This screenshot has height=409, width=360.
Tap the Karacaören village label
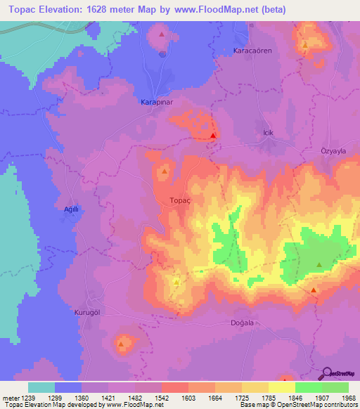pyautogui.click(x=252, y=51)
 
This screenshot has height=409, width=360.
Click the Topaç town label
pyautogui.click(x=180, y=200)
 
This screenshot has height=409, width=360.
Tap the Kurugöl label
pyautogui.click(x=88, y=311)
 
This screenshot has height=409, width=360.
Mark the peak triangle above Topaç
pyautogui.click(x=165, y=171)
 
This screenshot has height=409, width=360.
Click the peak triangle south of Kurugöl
pyautogui.click(x=122, y=344)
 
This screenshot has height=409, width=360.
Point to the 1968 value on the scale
pyautogui.click(x=347, y=398)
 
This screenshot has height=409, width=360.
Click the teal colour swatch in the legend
pyautogui.click(x=41, y=387)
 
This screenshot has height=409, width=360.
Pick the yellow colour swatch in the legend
pyautogui.click(x=282, y=387)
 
